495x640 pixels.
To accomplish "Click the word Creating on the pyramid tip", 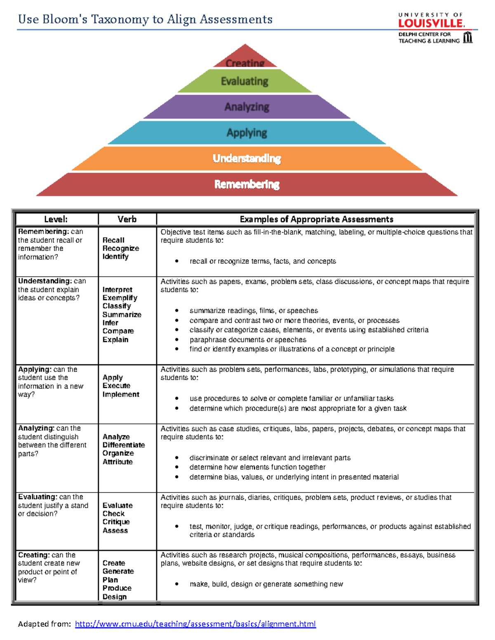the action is click(245, 63).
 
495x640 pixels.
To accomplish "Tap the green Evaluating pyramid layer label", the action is click(245, 81).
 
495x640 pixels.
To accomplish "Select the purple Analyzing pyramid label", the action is click(247, 107).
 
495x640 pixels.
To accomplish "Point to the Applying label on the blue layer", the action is click(247, 133).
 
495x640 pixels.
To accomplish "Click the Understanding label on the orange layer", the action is click(247, 158).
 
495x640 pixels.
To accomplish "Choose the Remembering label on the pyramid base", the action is click(247, 184).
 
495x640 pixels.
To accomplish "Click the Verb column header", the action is click(127, 219).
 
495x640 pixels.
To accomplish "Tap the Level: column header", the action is click(56, 219).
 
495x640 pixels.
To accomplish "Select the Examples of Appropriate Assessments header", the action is click(316, 219).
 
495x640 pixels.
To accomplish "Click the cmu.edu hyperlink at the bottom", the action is click(195, 624).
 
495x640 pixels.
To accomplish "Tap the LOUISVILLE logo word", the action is click(431, 23).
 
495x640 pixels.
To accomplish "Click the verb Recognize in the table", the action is click(121, 248).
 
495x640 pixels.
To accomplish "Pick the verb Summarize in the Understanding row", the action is click(122, 314).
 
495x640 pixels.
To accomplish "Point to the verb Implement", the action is click(121, 394).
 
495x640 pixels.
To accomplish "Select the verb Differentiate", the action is click(124, 445).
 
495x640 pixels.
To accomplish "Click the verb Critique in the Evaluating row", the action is click(116, 522).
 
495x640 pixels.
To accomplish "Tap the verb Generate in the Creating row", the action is click(118, 571).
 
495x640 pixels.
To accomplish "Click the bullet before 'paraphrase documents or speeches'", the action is click(177, 340).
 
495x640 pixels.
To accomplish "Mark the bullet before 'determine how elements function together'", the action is click(177, 467).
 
